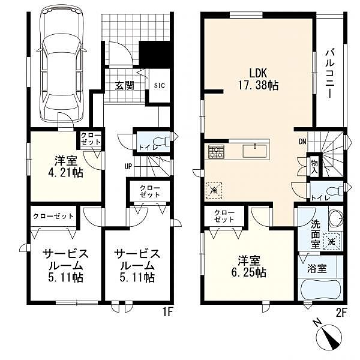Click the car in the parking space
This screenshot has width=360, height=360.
point(62,67)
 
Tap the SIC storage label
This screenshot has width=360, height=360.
point(160,86)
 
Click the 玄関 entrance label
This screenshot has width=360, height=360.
point(124,86)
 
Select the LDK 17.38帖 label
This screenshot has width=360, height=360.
point(258,79)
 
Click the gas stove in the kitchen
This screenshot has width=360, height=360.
point(216,152)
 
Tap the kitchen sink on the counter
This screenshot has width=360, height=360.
point(255,151)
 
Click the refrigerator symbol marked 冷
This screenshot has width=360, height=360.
point(214,190)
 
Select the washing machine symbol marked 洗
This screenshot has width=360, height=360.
point(332,242)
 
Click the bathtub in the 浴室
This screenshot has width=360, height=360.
point(320,289)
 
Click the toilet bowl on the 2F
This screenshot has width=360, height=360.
point(335,191)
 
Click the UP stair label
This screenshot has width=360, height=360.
point(128,166)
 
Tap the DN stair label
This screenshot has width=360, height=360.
point(302,142)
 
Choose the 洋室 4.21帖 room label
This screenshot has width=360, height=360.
point(65,167)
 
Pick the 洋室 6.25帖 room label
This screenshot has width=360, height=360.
point(249,267)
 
